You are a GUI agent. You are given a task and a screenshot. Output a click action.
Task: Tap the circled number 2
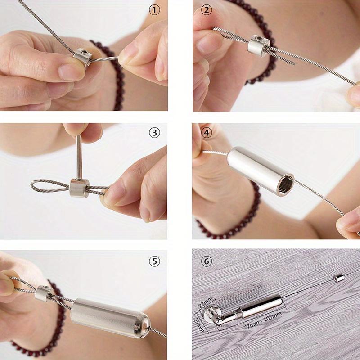pos(207,10)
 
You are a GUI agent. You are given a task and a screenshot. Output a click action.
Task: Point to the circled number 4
pos(207,133)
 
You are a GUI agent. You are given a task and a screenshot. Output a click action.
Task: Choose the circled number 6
pos(207,261)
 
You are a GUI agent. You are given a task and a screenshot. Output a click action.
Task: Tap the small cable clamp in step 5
pos(44,292)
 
